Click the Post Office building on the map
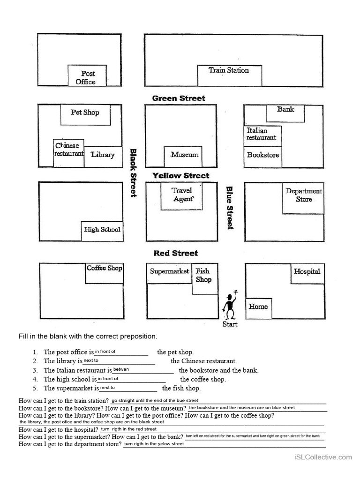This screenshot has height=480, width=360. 87,76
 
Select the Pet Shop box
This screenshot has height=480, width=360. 85,114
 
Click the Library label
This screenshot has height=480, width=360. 103,155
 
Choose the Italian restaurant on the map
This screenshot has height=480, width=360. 263,136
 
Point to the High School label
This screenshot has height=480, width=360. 102,230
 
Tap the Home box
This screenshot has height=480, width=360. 258,307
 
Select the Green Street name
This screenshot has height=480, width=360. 179,98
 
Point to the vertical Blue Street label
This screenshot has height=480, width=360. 230,208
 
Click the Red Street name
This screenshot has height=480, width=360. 176,253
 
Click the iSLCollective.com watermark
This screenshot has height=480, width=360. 323,457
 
